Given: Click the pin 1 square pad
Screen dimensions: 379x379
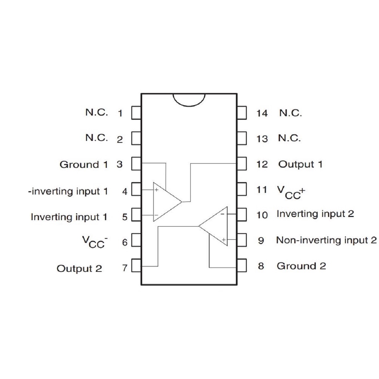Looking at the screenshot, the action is point(136,113).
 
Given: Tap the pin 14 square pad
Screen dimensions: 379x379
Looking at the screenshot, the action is point(242,113).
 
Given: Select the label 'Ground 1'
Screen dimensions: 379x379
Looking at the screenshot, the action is point(84,165).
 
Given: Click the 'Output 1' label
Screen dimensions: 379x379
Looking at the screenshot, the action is point(301,164).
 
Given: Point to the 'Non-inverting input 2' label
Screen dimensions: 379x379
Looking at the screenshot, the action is point(326,240).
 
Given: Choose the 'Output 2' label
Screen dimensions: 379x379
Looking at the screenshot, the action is point(79,269).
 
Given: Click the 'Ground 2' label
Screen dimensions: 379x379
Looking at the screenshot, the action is point(301,266).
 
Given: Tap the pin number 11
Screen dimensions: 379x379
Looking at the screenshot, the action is point(262,190).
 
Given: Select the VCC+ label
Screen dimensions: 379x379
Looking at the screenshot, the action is point(291,192).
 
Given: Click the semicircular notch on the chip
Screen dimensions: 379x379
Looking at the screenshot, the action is point(189,100).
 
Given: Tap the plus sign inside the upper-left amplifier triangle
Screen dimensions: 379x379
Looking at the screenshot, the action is point(157,190).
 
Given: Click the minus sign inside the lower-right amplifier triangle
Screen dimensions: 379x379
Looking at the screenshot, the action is point(222,214).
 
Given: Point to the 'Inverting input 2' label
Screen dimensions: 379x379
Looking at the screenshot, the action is point(315,214).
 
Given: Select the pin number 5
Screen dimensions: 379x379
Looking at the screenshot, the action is point(125,217).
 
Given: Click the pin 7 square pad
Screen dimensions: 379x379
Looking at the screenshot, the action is point(136,265).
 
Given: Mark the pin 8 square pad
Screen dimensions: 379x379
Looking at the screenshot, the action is point(242,265).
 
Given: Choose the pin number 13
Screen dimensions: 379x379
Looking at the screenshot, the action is point(262,139).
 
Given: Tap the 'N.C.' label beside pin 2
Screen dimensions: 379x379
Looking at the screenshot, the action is point(97,138).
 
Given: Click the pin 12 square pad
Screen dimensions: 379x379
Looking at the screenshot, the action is point(242,164).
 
